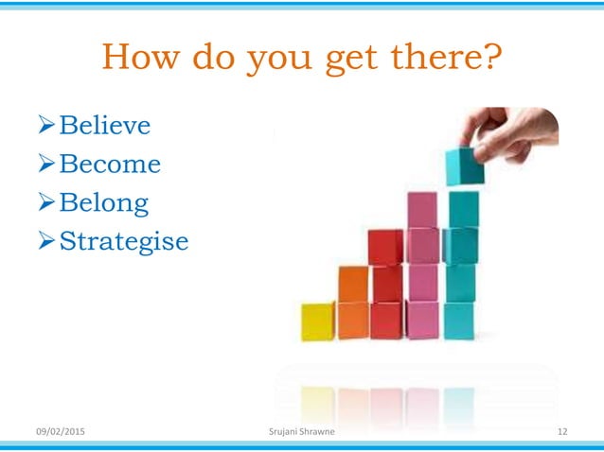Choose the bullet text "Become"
[109, 165]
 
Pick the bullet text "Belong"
[103, 203]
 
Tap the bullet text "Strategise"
[123, 242]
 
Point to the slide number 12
[562, 432]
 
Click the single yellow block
[318, 321]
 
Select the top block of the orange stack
[353, 284]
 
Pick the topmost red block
[385, 247]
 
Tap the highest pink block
[422, 209]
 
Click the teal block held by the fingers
[464, 166]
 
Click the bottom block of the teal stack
[460, 321]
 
